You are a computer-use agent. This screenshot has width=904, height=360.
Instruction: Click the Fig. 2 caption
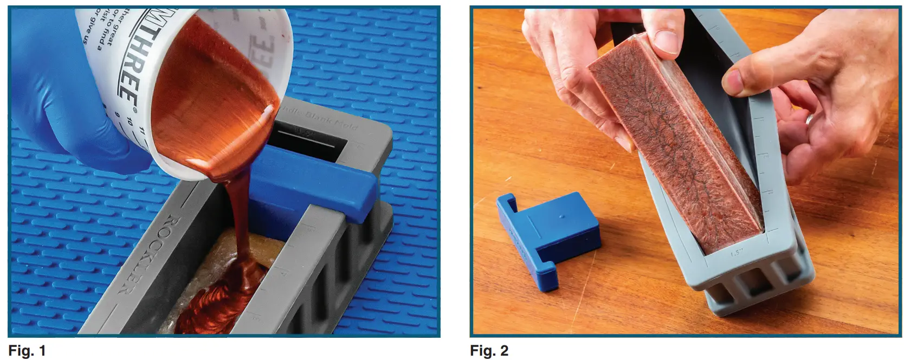point(489,351)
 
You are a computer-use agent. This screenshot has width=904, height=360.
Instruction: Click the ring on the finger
point(808,120)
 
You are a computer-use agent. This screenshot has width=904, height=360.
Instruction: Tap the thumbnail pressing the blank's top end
point(666,41)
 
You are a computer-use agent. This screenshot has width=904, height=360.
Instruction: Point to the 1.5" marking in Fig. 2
point(735,252)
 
